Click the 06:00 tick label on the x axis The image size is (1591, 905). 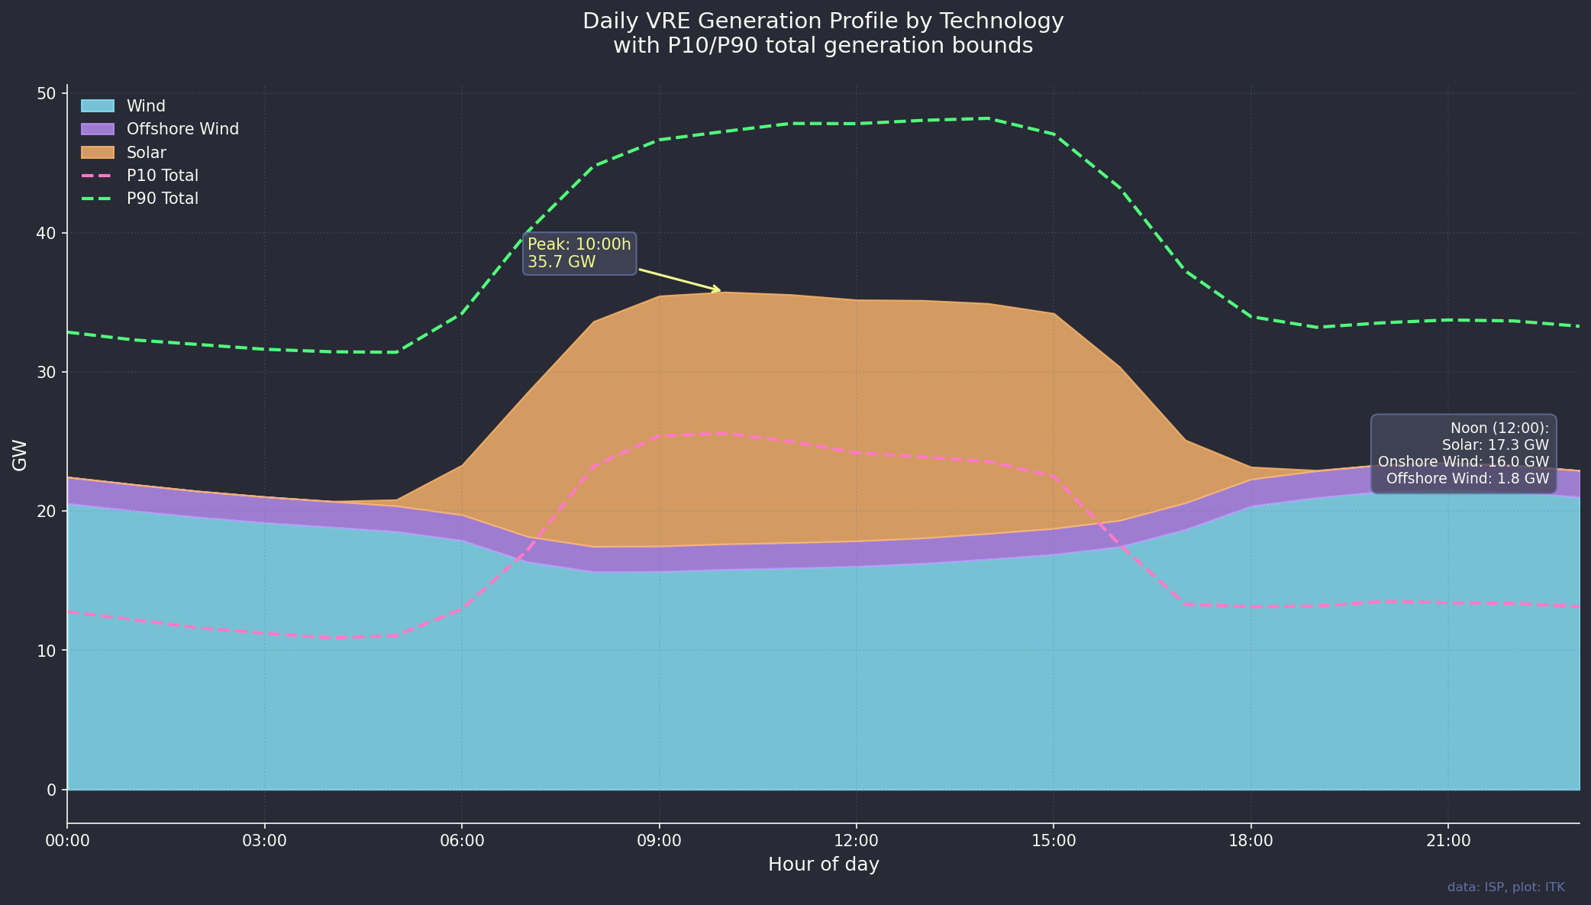pos(462,841)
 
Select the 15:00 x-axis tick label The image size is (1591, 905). pos(1054,841)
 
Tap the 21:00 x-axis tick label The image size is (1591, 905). pos(1448,841)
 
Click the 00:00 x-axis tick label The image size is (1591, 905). pos(67,841)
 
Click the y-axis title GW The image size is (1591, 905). pos(20,454)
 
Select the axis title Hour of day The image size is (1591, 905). pos(823,865)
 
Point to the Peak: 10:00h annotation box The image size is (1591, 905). pos(579,254)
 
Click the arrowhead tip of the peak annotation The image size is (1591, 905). pos(720,291)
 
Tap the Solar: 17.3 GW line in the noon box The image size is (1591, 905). pos(1495,444)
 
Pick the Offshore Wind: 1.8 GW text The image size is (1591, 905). pos(1467,479)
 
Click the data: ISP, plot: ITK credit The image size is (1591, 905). pos(1505,887)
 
